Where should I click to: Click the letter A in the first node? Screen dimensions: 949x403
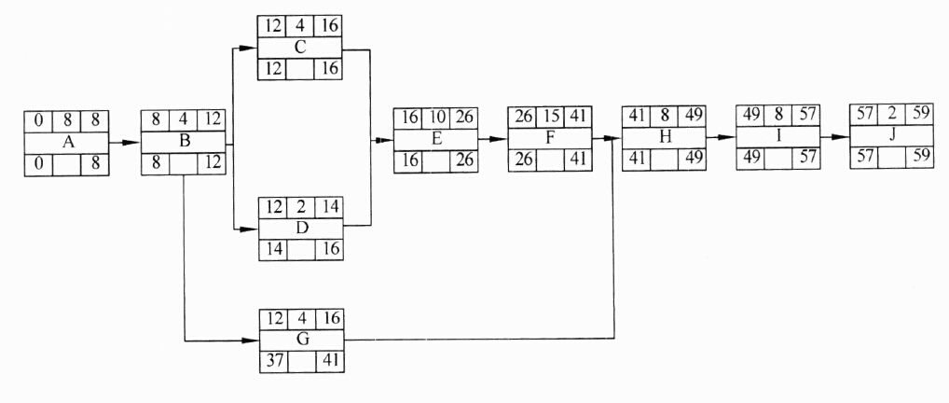(x=67, y=143)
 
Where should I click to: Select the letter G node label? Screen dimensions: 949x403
(x=302, y=340)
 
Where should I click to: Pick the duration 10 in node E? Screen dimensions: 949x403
(x=435, y=117)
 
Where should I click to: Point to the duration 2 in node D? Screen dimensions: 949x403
(x=301, y=208)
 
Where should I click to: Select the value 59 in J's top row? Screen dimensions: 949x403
(x=920, y=113)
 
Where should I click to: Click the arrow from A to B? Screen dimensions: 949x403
(x=125, y=143)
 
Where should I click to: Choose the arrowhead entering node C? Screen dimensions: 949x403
(x=249, y=48)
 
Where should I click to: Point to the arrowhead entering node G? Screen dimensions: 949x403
(x=251, y=340)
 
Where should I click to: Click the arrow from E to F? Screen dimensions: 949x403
(x=492, y=139)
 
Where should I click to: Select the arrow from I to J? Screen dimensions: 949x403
(x=834, y=137)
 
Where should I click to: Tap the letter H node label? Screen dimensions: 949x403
(x=666, y=137)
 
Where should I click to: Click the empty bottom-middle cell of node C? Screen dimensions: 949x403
(x=301, y=70)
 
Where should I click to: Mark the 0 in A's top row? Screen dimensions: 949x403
(x=39, y=120)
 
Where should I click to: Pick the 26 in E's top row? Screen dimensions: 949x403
(x=463, y=117)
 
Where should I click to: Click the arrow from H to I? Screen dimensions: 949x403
(x=721, y=137)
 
